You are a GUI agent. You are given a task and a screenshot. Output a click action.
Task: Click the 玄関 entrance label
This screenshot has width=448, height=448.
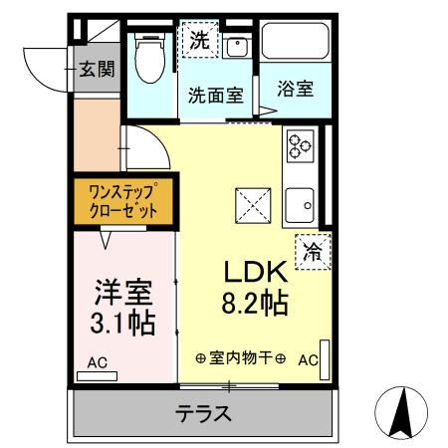point(98,69)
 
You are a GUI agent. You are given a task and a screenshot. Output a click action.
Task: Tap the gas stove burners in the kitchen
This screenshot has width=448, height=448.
point(300,146)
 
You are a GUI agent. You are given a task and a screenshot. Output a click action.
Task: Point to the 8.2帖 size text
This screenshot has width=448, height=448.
point(256,302)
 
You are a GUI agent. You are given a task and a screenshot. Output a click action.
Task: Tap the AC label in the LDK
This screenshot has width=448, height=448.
point(307,359)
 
